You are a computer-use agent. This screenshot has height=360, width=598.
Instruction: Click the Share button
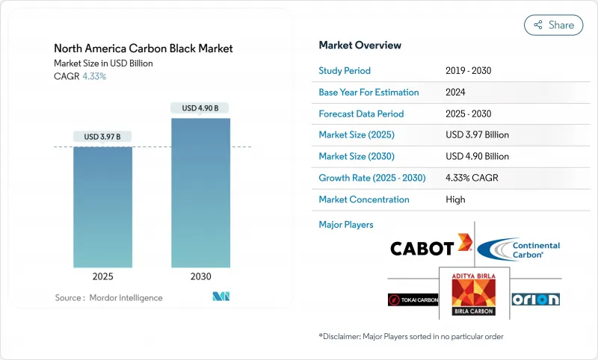pyautogui.click(x=553, y=25)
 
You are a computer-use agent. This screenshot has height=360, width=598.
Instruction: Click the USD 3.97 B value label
pyautogui.click(x=102, y=137)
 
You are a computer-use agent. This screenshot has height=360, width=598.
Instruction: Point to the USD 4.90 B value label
pyautogui.click(x=200, y=108)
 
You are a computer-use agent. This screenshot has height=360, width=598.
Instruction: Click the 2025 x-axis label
pyautogui.click(x=102, y=276)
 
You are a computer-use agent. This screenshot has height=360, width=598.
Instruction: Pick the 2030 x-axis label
pyautogui.click(x=200, y=276)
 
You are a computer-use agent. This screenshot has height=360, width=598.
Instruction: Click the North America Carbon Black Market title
pyautogui.click(x=144, y=49)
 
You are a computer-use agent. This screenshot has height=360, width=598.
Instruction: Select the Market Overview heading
pyautogui.click(x=360, y=46)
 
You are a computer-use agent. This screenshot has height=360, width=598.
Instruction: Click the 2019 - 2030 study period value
pyautogui.click(x=468, y=71)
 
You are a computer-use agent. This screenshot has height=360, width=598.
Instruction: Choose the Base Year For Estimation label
pyautogui.click(x=369, y=93)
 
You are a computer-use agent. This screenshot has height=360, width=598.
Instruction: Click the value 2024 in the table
pyautogui.click(x=455, y=93)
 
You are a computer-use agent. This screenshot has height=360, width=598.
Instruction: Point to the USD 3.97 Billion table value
pyautogui.click(x=477, y=135)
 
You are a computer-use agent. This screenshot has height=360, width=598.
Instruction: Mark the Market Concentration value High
pyautogui.click(x=455, y=199)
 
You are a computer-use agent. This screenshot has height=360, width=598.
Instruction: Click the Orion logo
pyautogui.click(x=535, y=299)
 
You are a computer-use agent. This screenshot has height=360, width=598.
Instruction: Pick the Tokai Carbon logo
pyautogui.click(x=413, y=300)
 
